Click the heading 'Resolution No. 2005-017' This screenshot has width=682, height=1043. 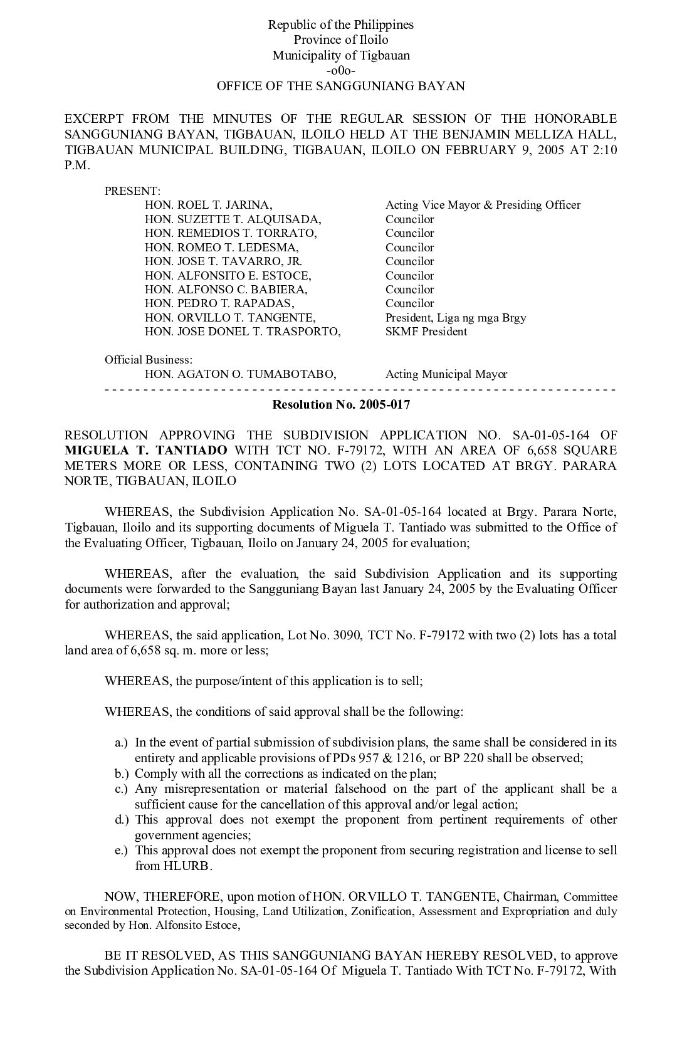pyautogui.click(x=341, y=404)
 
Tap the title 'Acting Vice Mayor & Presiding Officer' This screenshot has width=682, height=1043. pyautogui.click(x=483, y=205)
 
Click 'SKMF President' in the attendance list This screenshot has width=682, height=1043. pyautogui.click(x=426, y=332)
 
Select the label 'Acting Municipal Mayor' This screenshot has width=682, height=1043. pyautogui.click(x=446, y=374)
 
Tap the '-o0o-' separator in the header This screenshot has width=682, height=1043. pyautogui.click(x=341, y=71)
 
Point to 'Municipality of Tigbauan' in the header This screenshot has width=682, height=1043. pyautogui.click(x=341, y=55)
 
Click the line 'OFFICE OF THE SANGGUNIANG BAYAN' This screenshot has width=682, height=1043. pyautogui.click(x=341, y=86)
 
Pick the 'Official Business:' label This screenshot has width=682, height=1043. pyautogui.click(x=149, y=360)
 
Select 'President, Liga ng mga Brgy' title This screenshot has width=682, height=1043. pyautogui.click(x=456, y=317)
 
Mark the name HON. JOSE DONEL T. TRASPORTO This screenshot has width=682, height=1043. pyautogui.click(x=243, y=332)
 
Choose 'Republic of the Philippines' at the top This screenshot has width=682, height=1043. pyautogui.click(x=341, y=25)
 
